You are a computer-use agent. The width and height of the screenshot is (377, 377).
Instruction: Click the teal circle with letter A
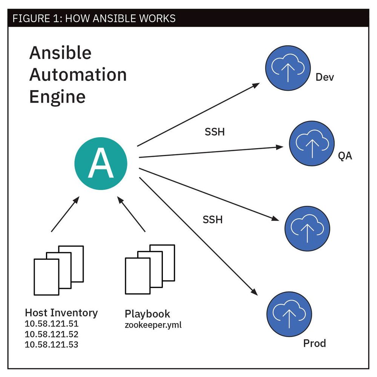[x=101, y=165]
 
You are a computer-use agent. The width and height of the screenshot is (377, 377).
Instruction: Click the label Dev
[x=325, y=77]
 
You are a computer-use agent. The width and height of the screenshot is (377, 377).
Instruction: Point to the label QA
[x=345, y=155]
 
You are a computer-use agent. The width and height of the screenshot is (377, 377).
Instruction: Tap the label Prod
[x=314, y=343]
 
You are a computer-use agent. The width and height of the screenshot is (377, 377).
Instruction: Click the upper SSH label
[x=215, y=132]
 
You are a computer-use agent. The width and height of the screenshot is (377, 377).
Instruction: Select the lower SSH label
[x=213, y=219]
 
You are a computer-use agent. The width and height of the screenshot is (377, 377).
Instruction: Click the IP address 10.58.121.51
[x=51, y=324]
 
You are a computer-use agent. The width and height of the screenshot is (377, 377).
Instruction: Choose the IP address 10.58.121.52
[x=51, y=334]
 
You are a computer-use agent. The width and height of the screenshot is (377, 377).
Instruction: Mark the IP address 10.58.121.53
[x=51, y=344]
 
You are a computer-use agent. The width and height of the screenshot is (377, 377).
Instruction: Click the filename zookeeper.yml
[x=153, y=324]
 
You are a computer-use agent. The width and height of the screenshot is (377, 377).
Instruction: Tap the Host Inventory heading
[x=61, y=313]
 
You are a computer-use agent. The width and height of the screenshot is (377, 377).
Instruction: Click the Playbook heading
[x=147, y=314]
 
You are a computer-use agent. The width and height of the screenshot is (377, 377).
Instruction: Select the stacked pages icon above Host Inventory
[x=58, y=270]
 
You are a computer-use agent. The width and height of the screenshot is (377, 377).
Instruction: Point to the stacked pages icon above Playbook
[x=150, y=268]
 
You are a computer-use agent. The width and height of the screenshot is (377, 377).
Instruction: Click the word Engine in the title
[x=57, y=97]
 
